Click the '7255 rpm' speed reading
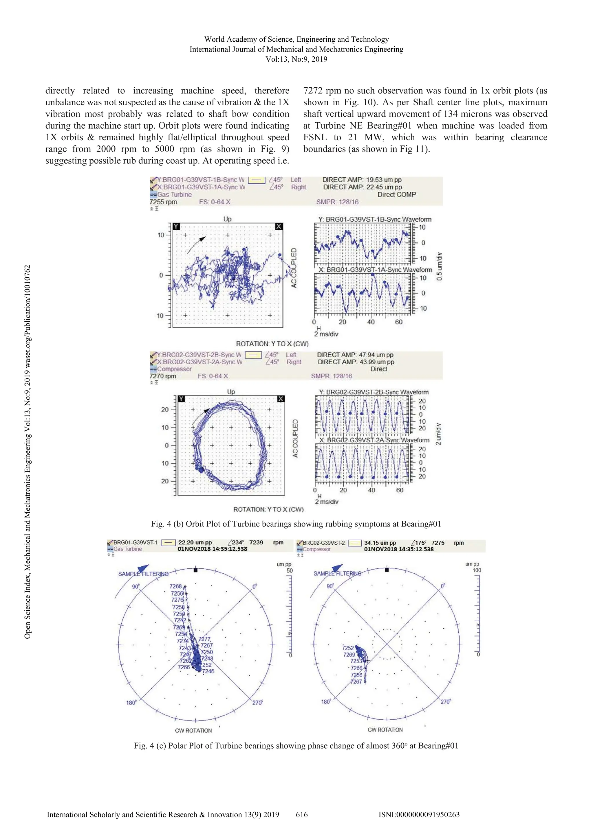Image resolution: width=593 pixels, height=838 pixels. pos(163,202)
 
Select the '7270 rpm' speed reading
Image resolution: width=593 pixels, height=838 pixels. pos(163,376)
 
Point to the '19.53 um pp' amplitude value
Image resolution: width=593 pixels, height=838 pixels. pos(384,180)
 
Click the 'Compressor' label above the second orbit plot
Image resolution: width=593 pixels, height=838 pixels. pos(174,369)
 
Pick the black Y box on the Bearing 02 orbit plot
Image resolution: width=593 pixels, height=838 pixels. pos(181,399)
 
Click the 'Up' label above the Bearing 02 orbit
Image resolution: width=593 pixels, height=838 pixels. pos(231,392)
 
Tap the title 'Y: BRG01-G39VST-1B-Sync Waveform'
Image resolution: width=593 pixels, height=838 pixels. pos(375,219)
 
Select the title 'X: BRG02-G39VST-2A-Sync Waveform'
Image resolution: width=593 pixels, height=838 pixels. pos(374,440)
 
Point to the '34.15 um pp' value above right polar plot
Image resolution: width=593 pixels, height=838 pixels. pos(380,543)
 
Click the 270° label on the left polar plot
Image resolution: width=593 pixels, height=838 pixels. pos(258,703)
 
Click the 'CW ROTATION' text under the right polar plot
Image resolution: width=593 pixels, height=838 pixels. pos(385,730)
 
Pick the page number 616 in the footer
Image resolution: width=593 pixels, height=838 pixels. pos(302,814)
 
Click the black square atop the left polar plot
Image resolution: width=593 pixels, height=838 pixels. pos(195,570)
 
